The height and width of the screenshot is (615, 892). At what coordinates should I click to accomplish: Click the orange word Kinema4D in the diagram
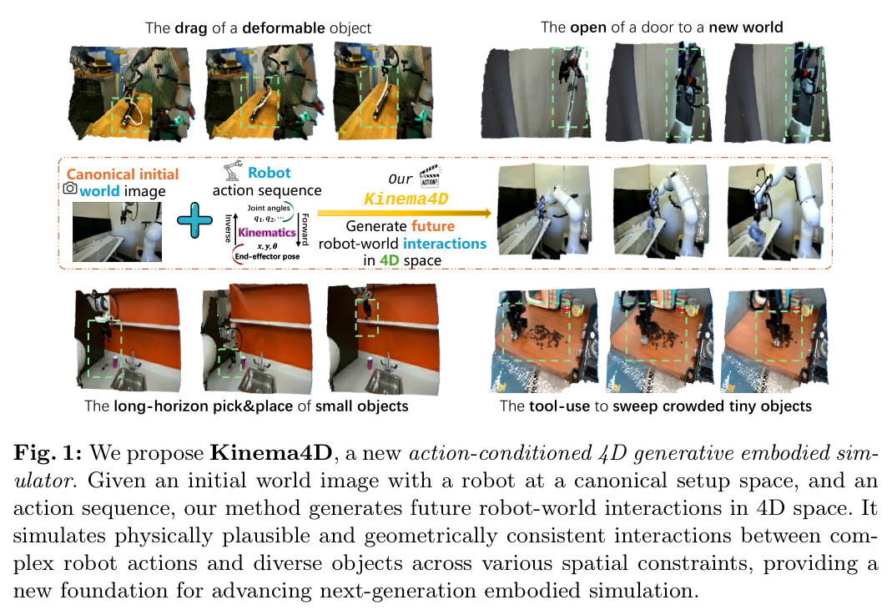(406, 199)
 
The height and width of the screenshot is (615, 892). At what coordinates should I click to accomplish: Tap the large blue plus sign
(194, 220)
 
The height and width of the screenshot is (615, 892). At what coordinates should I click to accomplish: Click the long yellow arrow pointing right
(405, 214)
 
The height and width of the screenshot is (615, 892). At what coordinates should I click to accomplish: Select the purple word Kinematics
(267, 232)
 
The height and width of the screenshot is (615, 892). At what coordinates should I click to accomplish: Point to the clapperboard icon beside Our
(430, 176)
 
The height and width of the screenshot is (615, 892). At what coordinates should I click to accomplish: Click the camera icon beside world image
(70, 188)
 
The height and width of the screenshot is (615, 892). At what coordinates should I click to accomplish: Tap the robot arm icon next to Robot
(232, 171)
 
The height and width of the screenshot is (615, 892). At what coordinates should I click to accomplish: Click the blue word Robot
(269, 173)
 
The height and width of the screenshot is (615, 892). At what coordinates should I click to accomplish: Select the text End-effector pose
(267, 256)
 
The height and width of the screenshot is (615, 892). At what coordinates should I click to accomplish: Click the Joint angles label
(269, 208)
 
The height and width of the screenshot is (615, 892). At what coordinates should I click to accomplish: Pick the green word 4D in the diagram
(389, 260)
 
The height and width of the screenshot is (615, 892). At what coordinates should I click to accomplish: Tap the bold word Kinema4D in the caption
(271, 453)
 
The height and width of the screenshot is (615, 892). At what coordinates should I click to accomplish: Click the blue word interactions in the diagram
(445, 244)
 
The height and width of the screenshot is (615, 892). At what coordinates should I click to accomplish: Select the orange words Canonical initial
(123, 174)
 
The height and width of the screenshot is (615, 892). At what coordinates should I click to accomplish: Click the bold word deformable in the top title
(284, 28)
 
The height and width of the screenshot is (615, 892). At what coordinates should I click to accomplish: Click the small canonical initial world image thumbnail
(117, 232)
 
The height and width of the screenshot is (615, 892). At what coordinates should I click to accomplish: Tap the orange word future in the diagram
(433, 226)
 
